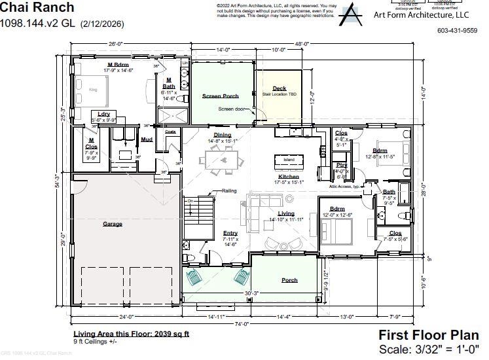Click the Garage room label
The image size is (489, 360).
112,224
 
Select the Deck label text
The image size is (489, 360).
280,88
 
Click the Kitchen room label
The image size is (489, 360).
289,176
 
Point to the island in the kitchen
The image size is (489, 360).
289,160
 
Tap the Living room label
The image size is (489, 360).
286,213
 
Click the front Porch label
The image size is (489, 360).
289,280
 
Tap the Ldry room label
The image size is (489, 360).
103,114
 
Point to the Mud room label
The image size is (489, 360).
147,139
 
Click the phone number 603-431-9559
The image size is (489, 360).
457,30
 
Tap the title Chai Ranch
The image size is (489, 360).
37,8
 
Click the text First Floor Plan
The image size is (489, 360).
429,335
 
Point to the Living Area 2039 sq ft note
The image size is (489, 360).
131,333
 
